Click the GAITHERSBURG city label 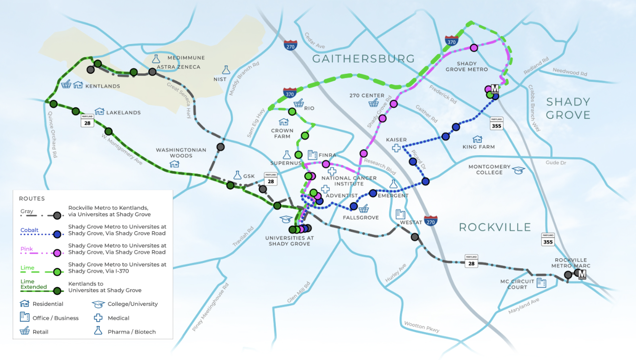click(363, 59)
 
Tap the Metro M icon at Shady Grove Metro click(495, 88)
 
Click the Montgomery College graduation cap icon click(519, 170)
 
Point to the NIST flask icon click(226, 70)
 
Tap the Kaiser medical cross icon click(396, 148)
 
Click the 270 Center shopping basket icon click(374, 103)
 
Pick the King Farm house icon click(477, 139)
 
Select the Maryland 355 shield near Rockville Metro click(548, 239)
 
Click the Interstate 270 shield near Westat click(431, 220)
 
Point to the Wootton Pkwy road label click(422, 327)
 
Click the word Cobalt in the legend click(29, 230)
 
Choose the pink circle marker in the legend click(57, 253)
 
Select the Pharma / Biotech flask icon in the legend click(98, 331)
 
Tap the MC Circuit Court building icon click(541, 283)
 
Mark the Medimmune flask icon click(156, 59)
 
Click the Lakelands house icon click(99, 112)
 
